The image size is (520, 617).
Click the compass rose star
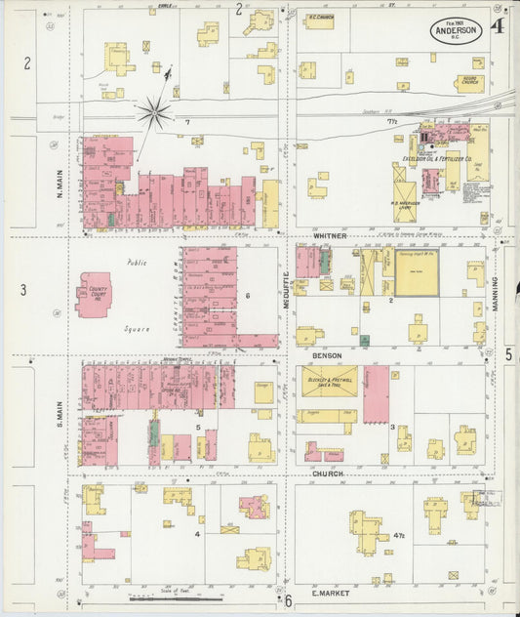[154, 113]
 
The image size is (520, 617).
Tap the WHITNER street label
[331, 235]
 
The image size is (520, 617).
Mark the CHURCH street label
[327, 473]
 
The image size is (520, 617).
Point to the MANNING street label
[496, 293]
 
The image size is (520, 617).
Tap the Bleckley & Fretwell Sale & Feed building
[329, 382]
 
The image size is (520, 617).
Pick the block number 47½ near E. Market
[399, 536]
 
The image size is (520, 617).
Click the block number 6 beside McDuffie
[249, 294]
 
